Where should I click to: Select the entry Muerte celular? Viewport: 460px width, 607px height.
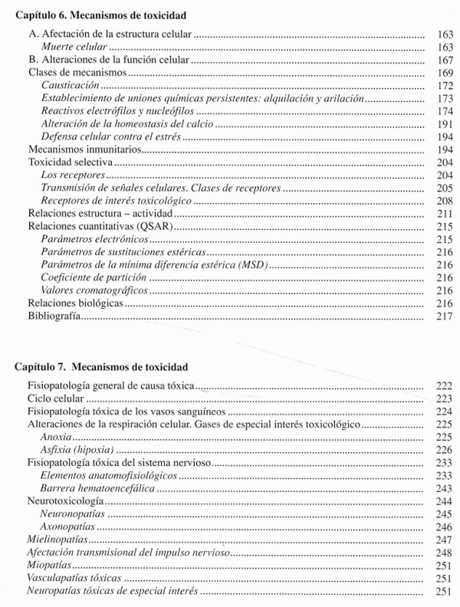pos(74,48)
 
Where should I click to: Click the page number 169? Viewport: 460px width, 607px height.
pos(443,72)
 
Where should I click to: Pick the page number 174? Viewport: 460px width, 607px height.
pos(443,112)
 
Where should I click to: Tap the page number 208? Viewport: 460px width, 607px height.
pos(443,200)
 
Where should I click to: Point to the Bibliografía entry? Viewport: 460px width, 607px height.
pos(54,317)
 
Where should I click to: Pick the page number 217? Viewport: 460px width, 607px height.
pos(443,317)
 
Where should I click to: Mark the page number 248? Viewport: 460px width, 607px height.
pos(443,553)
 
